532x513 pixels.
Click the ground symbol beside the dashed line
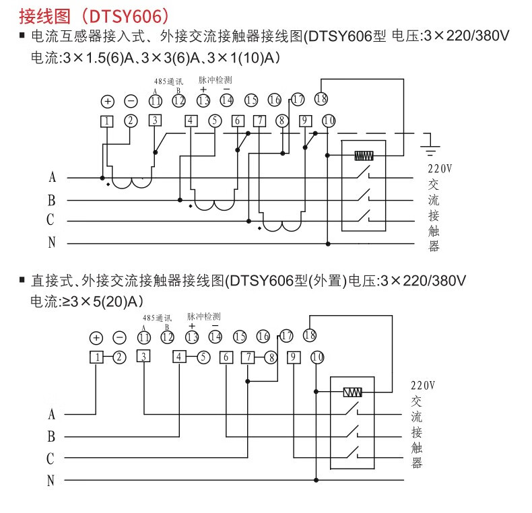pos(429,141)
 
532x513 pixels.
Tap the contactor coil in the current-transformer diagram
pos(364,156)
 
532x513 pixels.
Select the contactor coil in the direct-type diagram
pos(352,392)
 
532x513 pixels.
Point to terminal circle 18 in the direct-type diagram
pos(310,335)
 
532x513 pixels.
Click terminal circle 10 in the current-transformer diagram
pos(328,121)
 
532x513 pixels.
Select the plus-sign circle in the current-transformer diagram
pos(107,102)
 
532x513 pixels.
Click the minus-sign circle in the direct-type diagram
pos(119,338)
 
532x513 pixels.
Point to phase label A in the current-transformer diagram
pos(52,178)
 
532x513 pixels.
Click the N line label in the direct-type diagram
pos(51,481)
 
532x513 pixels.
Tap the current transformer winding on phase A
pos(131,183)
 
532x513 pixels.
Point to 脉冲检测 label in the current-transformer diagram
pos(214,79)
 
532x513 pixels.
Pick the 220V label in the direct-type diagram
pos(423,386)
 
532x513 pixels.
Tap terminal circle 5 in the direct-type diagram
pos(203,357)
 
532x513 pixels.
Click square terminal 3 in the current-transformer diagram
pos(155,121)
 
